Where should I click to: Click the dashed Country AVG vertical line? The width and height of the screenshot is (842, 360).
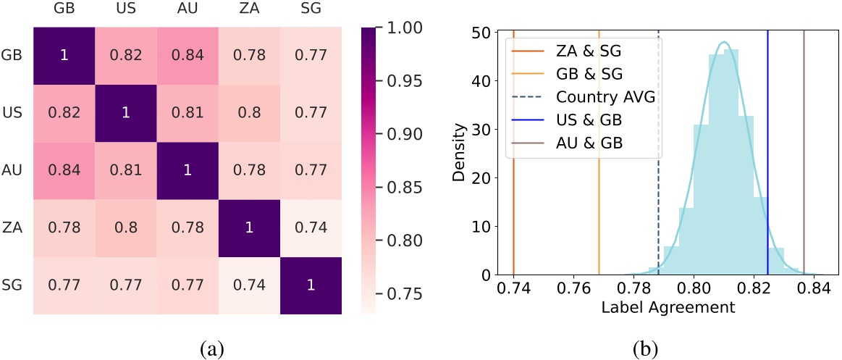[x=658, y=217]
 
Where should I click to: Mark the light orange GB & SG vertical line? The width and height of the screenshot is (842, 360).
[x=599, y=217]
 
